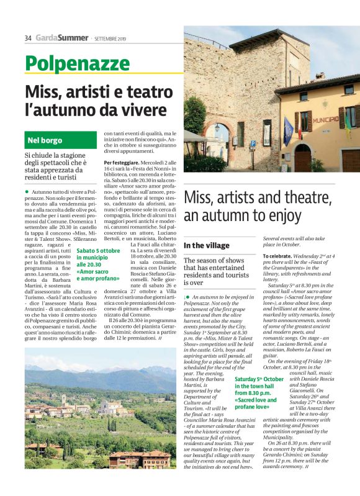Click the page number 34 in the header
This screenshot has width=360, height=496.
point(28,38)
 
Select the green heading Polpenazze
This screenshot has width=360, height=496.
point(69,63)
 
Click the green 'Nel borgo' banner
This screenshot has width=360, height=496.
point(45,140)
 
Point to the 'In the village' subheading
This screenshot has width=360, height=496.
point(207,246)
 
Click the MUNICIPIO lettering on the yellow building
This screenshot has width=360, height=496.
point(325,119)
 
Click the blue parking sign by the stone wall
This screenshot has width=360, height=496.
point(252,144)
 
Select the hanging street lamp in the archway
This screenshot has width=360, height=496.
point(217,129)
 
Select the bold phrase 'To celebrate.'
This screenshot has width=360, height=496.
point(279,256)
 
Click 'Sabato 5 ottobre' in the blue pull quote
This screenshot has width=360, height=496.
point(98,250)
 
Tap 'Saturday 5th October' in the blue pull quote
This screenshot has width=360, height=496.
point(259,379)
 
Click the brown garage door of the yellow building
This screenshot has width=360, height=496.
point(351,160)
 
